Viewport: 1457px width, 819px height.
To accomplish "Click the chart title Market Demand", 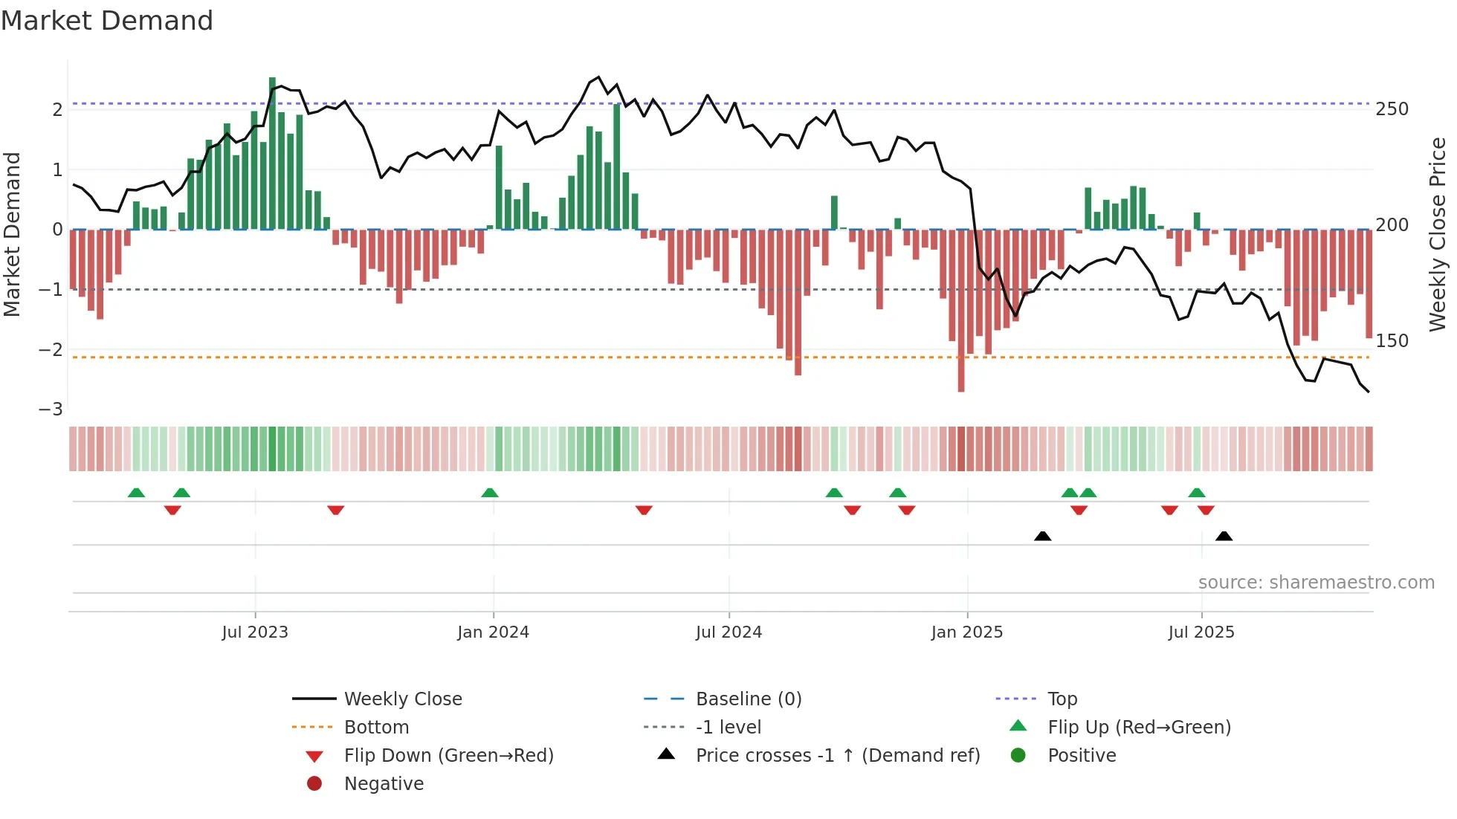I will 107,21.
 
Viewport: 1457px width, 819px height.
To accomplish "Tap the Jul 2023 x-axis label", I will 255,632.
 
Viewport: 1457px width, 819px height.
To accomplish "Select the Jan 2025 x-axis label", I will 966,632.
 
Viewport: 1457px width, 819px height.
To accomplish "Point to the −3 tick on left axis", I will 51,409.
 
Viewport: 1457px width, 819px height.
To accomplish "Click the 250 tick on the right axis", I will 1392,109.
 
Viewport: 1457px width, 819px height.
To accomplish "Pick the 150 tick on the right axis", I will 1392,341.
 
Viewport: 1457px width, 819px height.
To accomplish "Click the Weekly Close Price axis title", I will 1438,234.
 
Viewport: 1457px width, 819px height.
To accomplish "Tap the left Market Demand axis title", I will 13,234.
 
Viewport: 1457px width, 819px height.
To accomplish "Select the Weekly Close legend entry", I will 402,699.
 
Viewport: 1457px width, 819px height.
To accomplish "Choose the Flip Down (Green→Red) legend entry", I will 448,756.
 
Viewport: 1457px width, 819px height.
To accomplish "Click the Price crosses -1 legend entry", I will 837,756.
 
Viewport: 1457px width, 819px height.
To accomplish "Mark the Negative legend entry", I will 384,784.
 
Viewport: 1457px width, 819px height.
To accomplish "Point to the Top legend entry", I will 1062,699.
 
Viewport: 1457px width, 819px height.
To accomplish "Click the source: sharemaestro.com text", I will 1316,583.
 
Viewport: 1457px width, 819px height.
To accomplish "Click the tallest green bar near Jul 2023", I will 272,152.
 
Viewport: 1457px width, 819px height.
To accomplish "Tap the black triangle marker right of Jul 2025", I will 1224,536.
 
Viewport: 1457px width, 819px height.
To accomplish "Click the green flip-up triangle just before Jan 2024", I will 489,493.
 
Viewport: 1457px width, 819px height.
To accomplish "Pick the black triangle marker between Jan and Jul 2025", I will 1042,536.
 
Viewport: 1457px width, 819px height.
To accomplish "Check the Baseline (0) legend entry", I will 748,699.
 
